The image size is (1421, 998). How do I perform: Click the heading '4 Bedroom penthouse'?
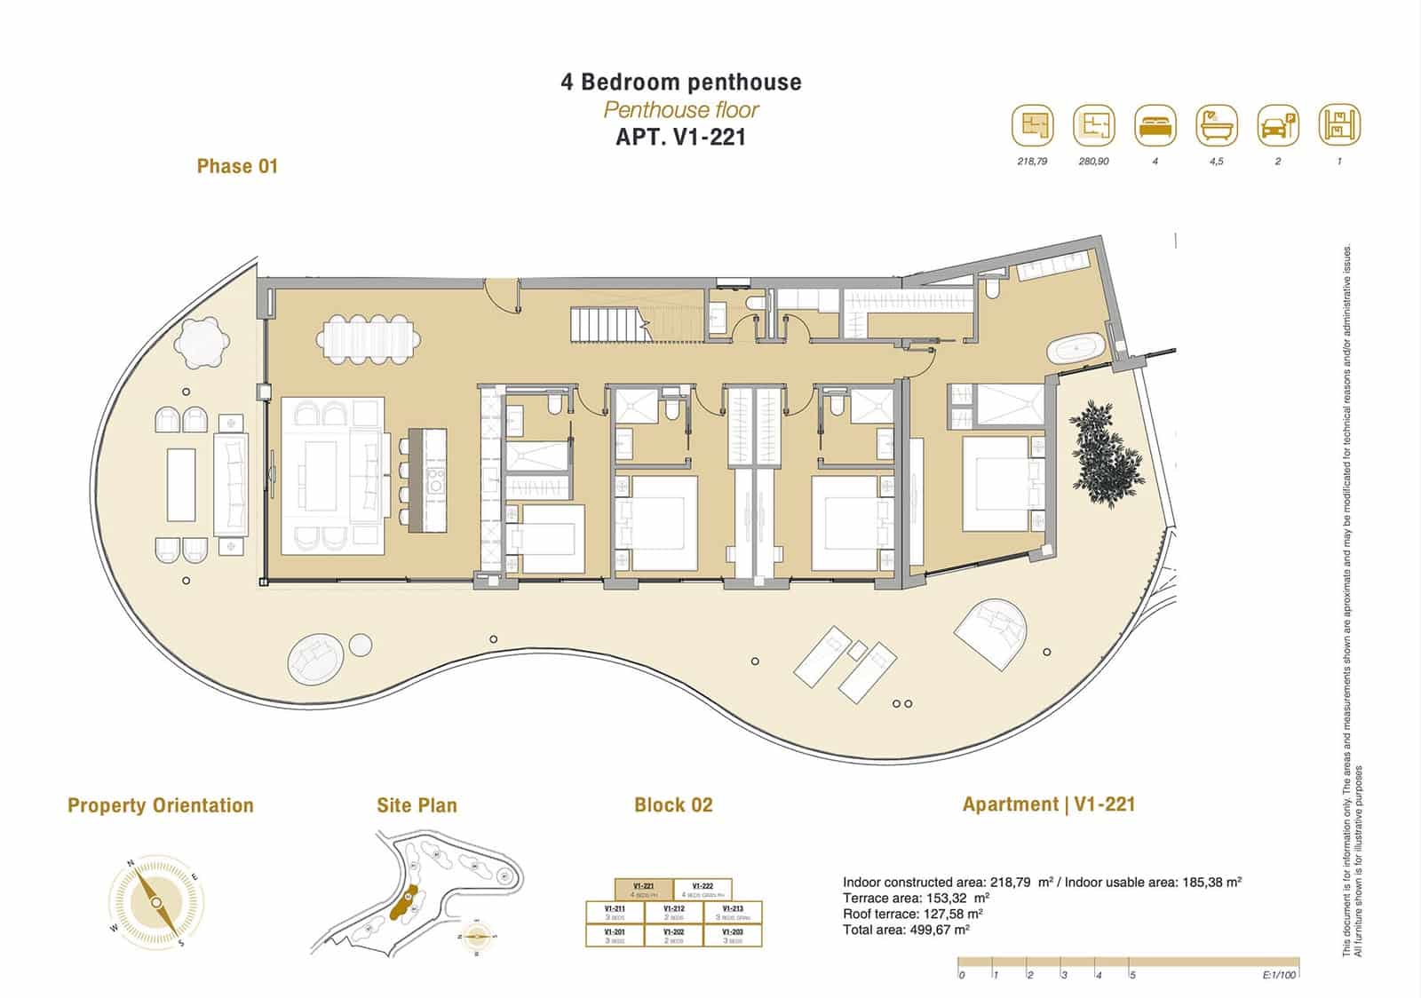(681, 82)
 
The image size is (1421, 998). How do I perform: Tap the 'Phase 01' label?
(237, 166)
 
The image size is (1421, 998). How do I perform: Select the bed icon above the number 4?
(1155, 126)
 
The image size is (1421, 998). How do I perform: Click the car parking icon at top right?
(1278, 126)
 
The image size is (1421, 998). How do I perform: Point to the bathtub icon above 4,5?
(1217, 126)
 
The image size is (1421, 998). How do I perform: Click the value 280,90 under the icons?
(1093, 162)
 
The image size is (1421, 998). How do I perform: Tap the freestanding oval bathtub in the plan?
(1077, 350)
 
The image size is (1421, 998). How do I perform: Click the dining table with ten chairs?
(368, 339)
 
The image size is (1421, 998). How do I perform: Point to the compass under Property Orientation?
(155, 902)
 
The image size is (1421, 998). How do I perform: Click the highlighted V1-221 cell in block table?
(643, 890)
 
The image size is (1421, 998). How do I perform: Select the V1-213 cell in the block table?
(733, 913)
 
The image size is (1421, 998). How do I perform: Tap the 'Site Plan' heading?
(417, 805)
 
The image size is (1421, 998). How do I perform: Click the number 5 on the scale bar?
(1132, 975)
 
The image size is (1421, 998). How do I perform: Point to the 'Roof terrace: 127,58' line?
(912, 914)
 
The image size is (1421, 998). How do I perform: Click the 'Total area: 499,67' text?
(906, 930)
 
